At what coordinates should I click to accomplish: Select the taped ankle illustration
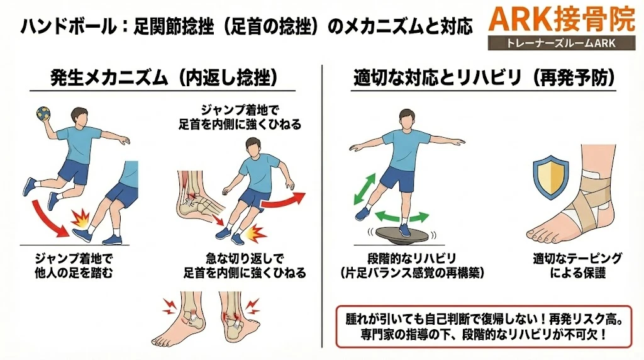pos(589,196)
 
